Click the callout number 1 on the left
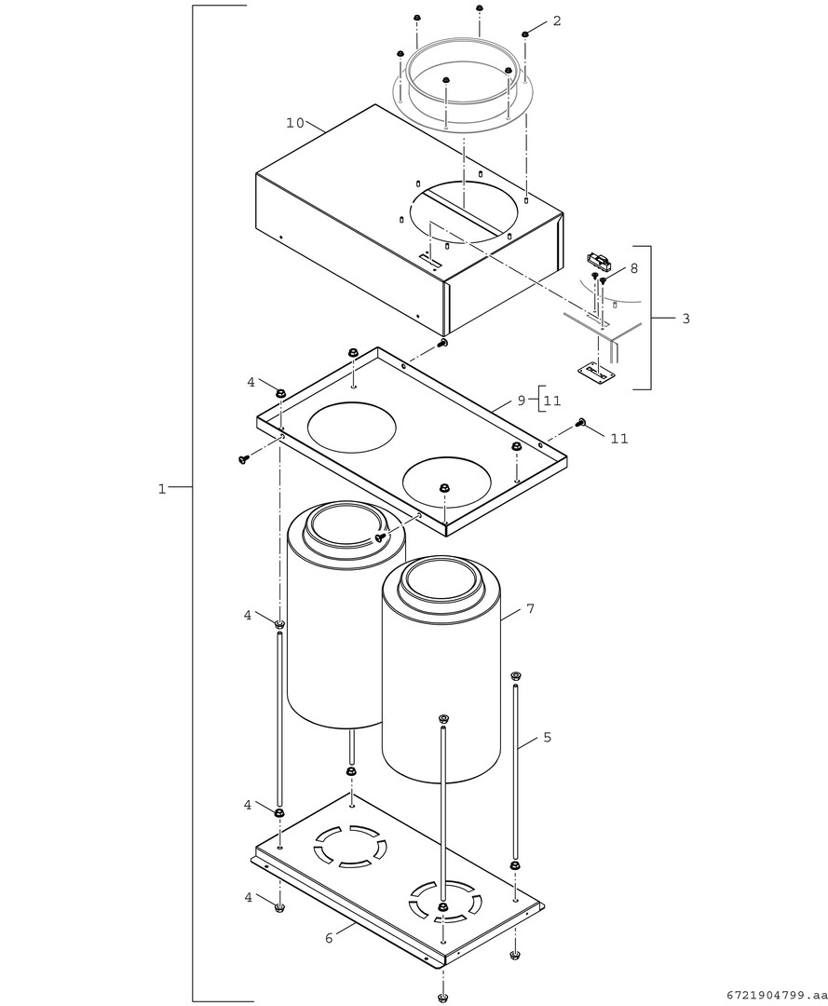[162, 489]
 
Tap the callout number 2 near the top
[557, 20]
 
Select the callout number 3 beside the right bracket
[686, 319]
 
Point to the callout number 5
[547, 737]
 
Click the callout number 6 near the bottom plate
[329, 938]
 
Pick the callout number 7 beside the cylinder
[530, 608]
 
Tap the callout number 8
[634, 268]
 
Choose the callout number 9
[522, 401]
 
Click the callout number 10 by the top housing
[295, 123]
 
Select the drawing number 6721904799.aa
[774, 995]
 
